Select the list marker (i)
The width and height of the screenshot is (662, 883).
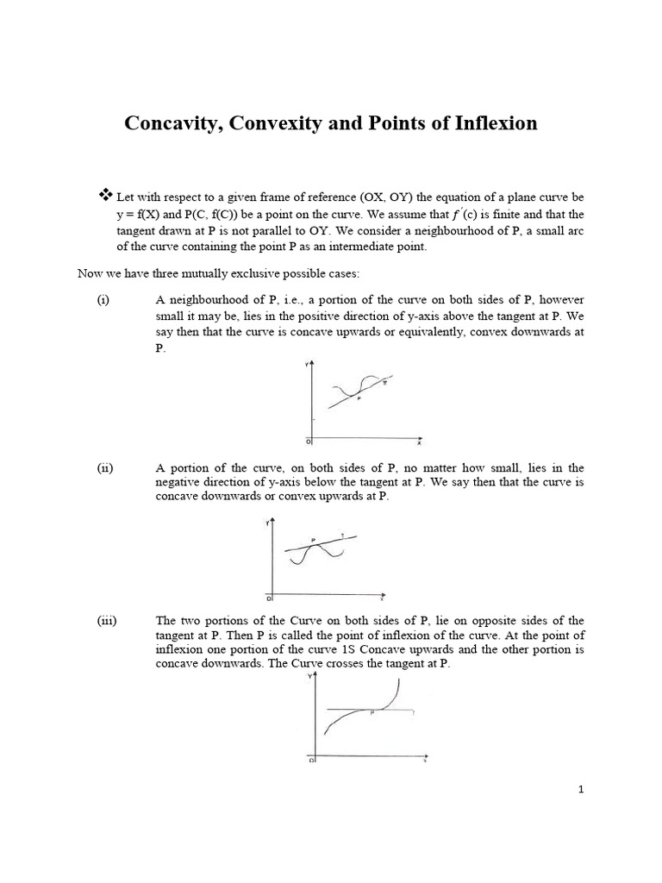coord(103,300)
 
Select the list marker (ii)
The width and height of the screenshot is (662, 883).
coord(104,467)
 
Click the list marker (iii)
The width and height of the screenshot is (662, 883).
coord(106,620)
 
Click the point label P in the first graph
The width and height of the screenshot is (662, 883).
coord(359,398)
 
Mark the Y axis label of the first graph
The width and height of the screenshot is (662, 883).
coord(307,366)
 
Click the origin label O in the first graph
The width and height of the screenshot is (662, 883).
coord(308,441)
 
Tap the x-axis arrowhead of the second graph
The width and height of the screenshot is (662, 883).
coord(382,595)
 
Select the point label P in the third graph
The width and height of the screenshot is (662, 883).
coord(372,713)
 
